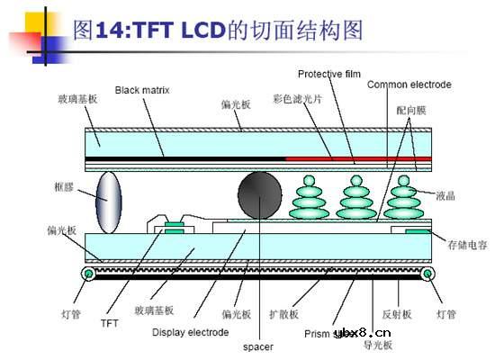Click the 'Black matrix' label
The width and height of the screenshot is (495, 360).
142,90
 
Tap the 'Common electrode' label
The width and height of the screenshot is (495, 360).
409,85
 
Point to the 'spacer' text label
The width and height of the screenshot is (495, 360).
257,345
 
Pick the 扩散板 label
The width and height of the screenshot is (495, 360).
284,314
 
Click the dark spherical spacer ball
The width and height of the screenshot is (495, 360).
259,192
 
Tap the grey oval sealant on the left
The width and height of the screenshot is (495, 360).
107,199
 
